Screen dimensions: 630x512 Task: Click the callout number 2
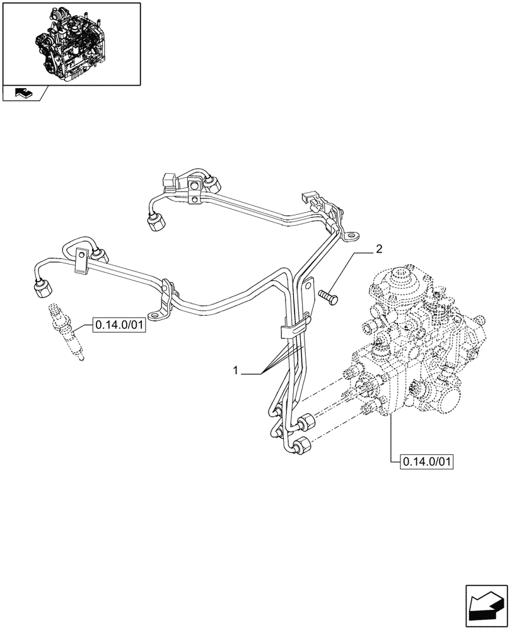379,249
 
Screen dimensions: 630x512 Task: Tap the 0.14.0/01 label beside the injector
119,326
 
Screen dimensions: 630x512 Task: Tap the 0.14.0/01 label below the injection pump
427,462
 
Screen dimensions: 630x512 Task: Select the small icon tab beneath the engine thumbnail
24,94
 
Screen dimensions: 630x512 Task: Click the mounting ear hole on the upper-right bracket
349,237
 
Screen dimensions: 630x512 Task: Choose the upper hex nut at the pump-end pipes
308,421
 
